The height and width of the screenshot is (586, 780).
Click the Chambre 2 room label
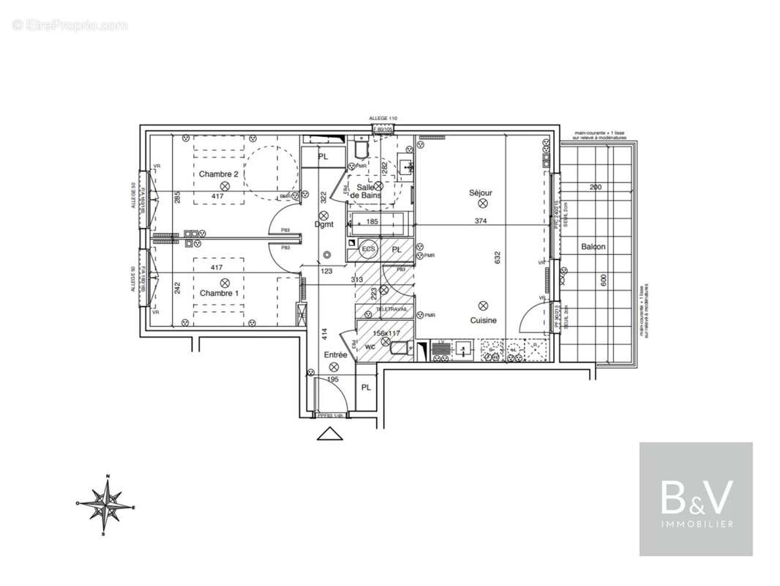click(219, 174)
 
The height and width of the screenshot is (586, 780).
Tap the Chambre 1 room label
click(219, 293)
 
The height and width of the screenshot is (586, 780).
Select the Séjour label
click(481, 193)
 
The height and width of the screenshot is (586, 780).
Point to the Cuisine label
click(483, 320)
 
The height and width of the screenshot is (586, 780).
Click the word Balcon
click(593, 247)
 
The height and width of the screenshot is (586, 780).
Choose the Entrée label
click(335, 355)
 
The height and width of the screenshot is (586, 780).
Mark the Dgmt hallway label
click(324, 225)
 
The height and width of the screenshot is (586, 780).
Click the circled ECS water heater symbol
click(370, 250)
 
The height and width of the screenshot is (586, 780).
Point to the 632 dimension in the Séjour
click(498, 257)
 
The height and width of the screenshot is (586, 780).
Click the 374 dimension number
click(480, 220)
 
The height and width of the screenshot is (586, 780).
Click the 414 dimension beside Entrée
click(323, 334)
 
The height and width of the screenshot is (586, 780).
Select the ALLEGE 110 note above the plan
click(383, 119)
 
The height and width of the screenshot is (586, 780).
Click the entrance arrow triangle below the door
click(330, 434)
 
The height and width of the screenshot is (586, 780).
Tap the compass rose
click(107, 505)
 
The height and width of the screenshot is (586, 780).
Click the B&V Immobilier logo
click(696, 499)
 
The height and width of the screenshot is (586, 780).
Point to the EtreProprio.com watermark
click(70, 25)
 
